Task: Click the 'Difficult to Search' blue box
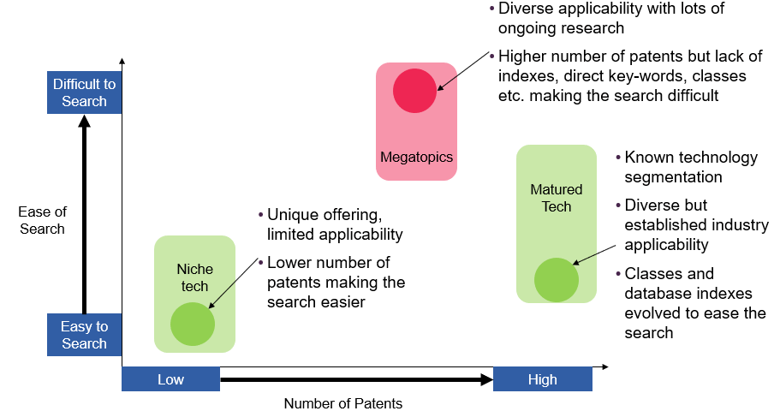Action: [x=84, y=92]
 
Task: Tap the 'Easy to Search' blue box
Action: [x=84, y=335]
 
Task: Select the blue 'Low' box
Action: [x=170, y=379]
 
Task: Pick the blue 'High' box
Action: [x=542, y=379]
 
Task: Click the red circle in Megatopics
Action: [x=415, y=91]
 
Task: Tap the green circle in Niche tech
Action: [x=193, y=324]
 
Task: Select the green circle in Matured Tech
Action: [x=557, y=279]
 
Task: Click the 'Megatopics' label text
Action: [x=416, y=158]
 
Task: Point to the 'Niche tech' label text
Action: [x=194, y=277]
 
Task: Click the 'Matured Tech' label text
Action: [x=557, y=198]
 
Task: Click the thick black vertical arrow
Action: [x=84, y=214]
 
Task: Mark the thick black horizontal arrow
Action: [x=356, y=378]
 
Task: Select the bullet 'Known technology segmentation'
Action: [x=691, y=168]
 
